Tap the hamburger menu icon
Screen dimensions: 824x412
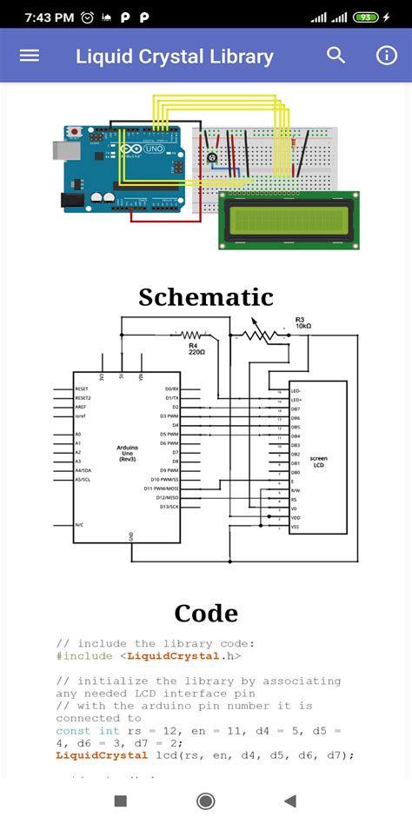tap(30, 56)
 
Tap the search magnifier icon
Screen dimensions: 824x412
tap(336, 56)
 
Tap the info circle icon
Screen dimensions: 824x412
tap(386, 56)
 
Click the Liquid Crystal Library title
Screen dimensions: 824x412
tap(174, 57)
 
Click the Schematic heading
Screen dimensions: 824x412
tap(206, 297)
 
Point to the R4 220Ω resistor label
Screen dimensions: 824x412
tap(197, 349)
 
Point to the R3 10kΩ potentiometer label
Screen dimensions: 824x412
tap(303, 322)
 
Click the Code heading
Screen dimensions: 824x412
tap(206, 614)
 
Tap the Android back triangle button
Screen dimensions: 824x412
tap(290, 801)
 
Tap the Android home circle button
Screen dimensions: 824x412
tap(206, 801)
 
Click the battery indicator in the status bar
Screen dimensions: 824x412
tap(366, 17)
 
